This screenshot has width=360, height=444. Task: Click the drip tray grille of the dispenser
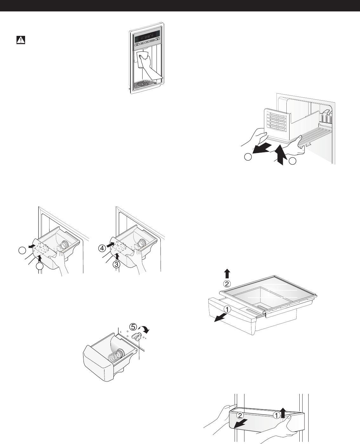tap(147, 85)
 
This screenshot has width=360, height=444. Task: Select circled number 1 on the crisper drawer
tap(226, 308)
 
